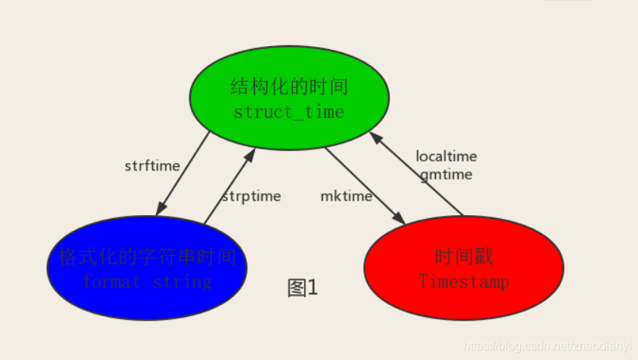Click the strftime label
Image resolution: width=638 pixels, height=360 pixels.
pos(152,166)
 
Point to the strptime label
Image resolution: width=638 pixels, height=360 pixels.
pos(251,196)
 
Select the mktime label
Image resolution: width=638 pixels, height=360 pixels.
pos(346,196)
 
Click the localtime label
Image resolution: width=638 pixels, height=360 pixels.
pos(446,156)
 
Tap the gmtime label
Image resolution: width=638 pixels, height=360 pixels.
pos(446,174)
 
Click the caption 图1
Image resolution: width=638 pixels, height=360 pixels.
pos(303,288)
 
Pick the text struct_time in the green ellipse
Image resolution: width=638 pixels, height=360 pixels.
pos(289,112)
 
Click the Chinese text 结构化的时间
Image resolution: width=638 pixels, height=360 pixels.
pos(289,87)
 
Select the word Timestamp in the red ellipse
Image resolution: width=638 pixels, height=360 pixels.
pos(464,282)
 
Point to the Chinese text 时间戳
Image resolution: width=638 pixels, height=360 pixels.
pos(464,257)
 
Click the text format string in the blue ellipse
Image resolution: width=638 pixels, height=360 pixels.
pos(147,282)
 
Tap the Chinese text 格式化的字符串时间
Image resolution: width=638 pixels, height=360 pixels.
pos(147,257)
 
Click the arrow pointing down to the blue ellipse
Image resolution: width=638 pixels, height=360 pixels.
pos(183,173)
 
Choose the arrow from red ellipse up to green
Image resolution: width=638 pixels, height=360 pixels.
pos(417,174)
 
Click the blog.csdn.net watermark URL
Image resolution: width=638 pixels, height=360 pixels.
pos(547,346)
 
